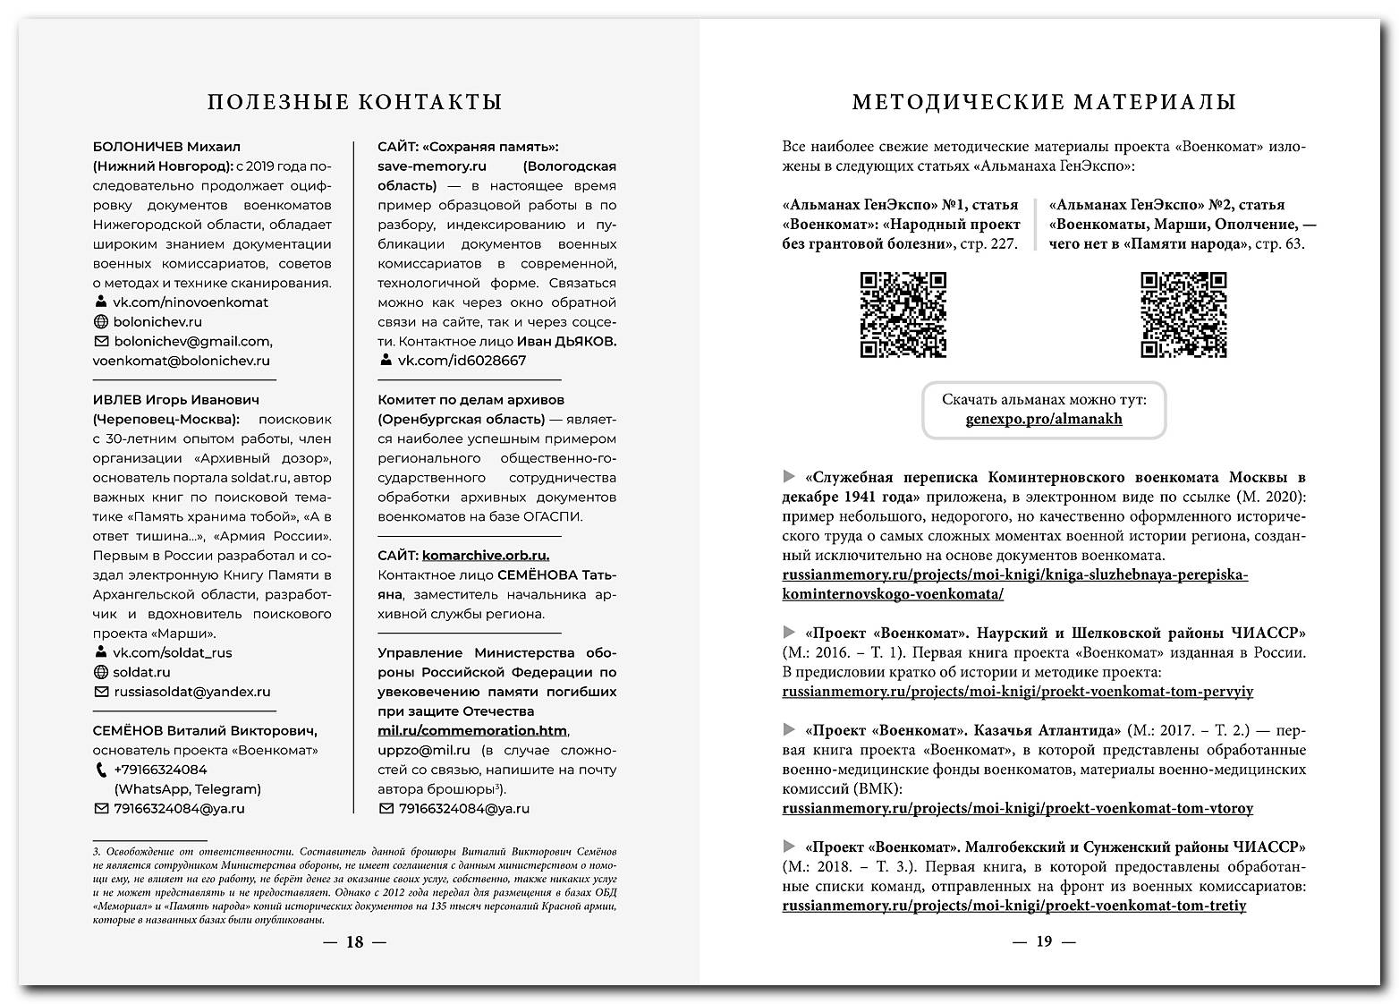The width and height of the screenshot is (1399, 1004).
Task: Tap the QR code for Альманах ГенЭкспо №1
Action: (903, 315)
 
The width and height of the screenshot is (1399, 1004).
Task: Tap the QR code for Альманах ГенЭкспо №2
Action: (1183, 315)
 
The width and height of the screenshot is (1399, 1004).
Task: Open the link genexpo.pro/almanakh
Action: (1044, 419)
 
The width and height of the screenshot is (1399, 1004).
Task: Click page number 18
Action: (355, 941)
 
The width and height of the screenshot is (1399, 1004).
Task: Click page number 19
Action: (1044, 941)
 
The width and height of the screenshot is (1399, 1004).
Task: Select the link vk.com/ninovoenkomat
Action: (190, 302)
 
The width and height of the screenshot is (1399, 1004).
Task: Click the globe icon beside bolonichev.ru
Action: (101, 322)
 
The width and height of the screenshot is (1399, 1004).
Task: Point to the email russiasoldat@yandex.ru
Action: (191, 692)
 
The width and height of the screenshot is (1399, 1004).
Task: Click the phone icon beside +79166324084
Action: (101, 770)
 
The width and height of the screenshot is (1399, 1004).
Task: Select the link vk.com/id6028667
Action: (462, 361)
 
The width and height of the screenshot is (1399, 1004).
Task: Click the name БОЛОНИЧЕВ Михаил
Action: (166, 147)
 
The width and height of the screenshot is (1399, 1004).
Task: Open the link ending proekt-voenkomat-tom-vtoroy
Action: (1017, 808)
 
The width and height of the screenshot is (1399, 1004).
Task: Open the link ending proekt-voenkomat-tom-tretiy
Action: (1013, 906)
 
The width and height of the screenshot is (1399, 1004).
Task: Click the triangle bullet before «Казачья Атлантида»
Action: (789, 729)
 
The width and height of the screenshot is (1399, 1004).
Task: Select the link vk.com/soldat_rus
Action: (172, 652)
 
